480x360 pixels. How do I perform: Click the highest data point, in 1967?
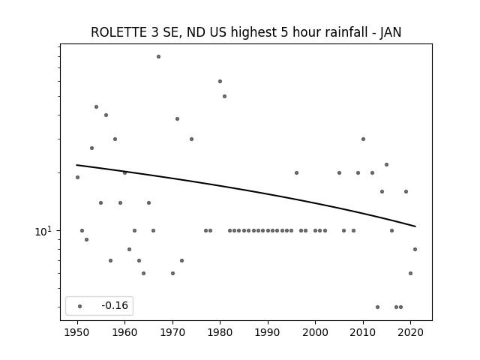tap(158, 57)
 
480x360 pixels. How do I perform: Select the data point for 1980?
tap(220, 82)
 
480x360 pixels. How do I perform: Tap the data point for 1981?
tap(225, 97)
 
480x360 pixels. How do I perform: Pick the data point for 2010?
tap(363, 139)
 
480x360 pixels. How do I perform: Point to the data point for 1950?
tap(77, 177)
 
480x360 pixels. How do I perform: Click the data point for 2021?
tap(415, 250)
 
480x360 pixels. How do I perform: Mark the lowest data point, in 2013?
tap(377, 307)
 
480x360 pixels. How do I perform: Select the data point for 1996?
tap(297, 173)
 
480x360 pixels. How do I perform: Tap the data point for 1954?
tap(97, 106)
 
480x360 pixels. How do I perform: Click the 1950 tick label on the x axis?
tap(77, 332)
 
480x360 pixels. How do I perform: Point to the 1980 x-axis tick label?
tap(220, 332)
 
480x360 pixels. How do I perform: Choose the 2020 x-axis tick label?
tap(410, 332)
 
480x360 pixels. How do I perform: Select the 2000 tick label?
tap(315, 332)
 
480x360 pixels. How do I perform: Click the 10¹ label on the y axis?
tap(43, 231)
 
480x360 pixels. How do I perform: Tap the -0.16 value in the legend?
tap(115, 305)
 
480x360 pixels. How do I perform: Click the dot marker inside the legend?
tap(80, 306)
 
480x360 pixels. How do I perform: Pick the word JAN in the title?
tap(390, 32)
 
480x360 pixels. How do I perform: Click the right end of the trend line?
tap(415, 226)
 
